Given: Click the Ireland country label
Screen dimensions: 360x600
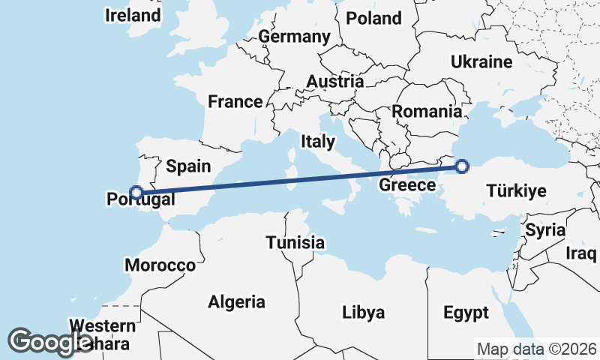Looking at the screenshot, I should (x=133, y=15).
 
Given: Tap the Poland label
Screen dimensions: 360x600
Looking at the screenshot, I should (x=373, y=18).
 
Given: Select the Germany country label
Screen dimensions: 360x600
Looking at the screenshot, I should (x=294, y=37).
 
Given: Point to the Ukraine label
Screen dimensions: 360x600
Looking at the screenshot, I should (x=481, y=62).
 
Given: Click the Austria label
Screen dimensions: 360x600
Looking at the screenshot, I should (x=335, y=82).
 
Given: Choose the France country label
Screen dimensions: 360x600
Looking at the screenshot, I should (x=235, y=102).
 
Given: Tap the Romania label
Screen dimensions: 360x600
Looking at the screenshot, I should (x=427, y=112).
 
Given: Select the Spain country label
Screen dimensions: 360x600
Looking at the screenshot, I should (x=188, y=166).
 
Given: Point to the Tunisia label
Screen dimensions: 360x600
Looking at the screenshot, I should (x=295, y=243).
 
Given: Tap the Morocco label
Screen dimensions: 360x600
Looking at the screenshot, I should (x=160, y=265).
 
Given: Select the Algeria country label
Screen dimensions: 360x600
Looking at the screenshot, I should (x=236, y=302).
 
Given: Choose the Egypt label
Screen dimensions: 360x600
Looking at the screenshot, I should (x=466, y=312).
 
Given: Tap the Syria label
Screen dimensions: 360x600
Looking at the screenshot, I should (x=544, y=230).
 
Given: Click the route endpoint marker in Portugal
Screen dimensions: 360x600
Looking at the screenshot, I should (x=136, y=193).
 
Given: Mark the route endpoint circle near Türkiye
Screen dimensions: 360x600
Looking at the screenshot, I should (x=462, y=166).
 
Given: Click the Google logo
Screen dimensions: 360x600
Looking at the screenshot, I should (x=49, y=342).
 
